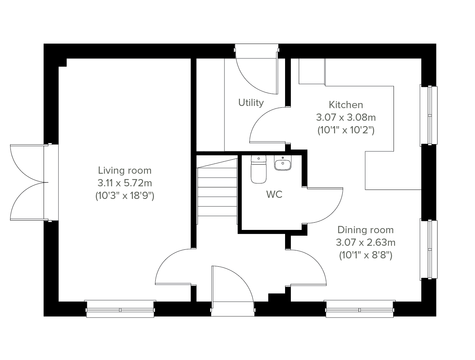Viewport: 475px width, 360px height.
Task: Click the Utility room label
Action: [x=251, y=103]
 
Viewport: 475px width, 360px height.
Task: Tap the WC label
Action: [x=274, y=194]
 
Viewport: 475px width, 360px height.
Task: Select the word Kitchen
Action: [x=346, y=105]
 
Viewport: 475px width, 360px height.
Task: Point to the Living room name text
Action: [x=125, y=170]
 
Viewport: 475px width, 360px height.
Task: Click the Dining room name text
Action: [x=365, y=230]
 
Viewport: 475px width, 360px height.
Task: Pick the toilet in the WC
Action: [x=259, y=169]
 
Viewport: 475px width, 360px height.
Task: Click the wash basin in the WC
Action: [x=283, y=163]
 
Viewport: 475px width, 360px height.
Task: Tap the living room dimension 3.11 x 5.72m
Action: [x=125, y=183]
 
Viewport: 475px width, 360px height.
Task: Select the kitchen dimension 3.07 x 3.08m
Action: [x=346, y=117]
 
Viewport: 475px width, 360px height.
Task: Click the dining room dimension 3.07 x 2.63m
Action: [x=365, y=243]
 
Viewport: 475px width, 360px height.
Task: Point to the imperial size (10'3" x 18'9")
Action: [x=125, y=196]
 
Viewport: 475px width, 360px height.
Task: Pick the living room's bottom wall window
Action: [x=120, y=309]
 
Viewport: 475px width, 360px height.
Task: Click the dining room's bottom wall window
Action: [x=359, y=309]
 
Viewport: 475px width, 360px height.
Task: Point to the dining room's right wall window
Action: [x=429, y=249]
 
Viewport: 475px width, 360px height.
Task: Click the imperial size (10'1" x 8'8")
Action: [x=365, y=255]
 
